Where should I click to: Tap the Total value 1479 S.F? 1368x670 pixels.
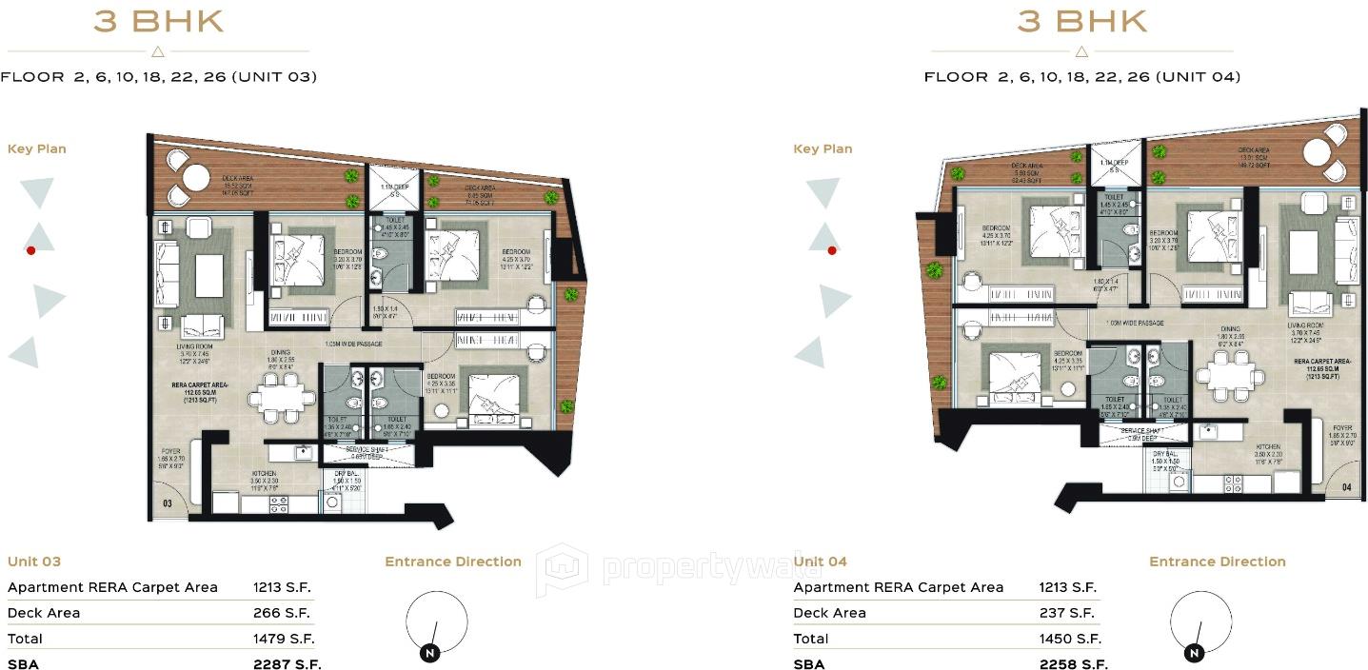(x=284, y=639)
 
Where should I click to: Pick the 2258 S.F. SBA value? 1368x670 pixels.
(x=1073, y=664)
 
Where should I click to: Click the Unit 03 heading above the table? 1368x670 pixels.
(x=34, y=562)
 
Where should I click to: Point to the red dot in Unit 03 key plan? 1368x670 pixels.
(x=31, y=250)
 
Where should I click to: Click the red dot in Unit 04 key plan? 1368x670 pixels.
(x=832, y=251)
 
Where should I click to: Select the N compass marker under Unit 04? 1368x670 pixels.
(x=1193, y=654)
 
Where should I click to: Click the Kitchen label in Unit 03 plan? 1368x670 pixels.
(x=264, y=473)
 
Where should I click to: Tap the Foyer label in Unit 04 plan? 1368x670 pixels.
(x=1342, y=428)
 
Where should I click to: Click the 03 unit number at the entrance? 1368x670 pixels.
(x=168, y=503)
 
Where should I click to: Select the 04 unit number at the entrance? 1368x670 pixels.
(x=1345, y=487)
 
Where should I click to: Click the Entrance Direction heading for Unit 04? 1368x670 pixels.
(x=1217, y=562)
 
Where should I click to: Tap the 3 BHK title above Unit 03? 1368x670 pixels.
(x=158, y=21)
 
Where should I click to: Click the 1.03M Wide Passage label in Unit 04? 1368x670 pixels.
(x=1135, y=324)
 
